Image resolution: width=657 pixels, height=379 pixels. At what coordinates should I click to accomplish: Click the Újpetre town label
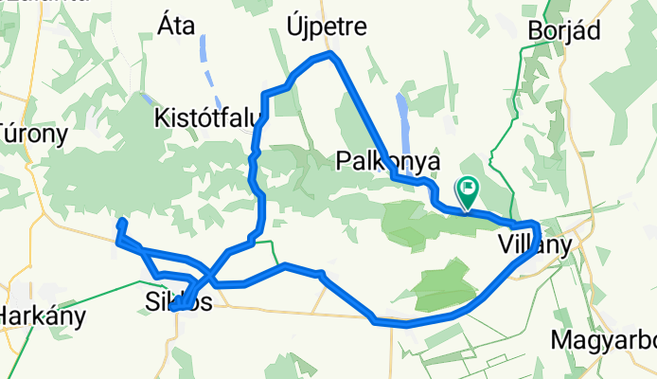pyautogui.click(x=326, y=27)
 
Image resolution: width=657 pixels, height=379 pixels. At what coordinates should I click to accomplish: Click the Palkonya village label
pyautogui.click(x=388, y=162)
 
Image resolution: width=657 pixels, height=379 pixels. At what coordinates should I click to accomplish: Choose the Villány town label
pyautogui.click(x=535, y=245)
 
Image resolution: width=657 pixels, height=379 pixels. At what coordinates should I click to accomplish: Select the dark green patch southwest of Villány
pyautogui.click(x=445, y=282)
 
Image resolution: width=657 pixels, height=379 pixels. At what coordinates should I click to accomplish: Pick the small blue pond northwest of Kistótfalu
pyautogui.click(x=145, y=97)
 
